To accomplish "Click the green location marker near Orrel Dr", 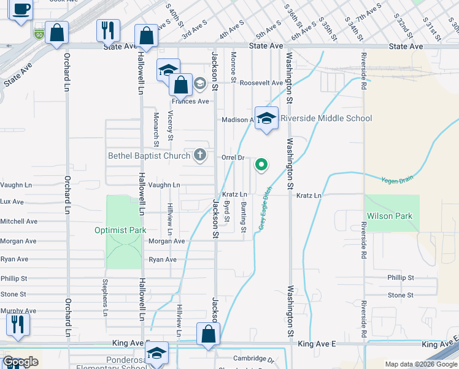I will [261, 164].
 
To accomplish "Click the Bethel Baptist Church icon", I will [199, 155].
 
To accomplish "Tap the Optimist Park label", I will [120, 231].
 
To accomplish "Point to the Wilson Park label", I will [390, 216].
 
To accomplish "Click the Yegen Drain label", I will [398, 179].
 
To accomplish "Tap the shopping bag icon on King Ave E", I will [209, 335].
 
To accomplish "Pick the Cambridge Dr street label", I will [252, 359].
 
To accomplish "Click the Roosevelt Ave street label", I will [261, 82].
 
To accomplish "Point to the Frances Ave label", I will [190, 101].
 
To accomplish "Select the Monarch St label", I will [156, 129].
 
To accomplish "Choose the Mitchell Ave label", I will [19, 221].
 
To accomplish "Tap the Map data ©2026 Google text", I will [421, 364].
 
